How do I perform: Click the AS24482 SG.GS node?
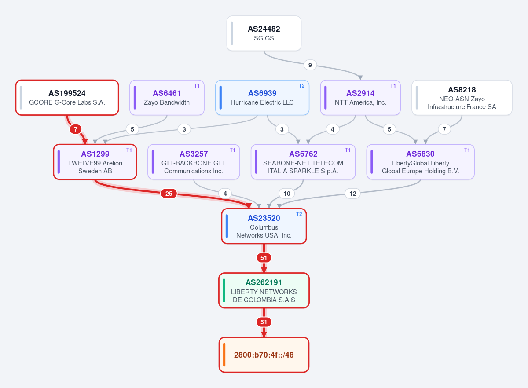[x=264, y=33]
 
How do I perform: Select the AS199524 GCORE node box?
[x=67, y=98]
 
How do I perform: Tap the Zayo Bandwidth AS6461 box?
[x=167, y=98]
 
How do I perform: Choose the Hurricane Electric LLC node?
[x=262, y=98]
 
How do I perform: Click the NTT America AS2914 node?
[x=360, y=98]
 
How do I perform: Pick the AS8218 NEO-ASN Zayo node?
[x=462, y=98]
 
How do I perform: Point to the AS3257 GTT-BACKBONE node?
[x=194, y=162]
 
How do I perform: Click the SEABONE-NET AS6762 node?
[x=303, y=162]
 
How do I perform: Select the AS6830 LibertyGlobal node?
[x=421, y=162]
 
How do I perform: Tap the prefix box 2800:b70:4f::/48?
[x=264, y=355]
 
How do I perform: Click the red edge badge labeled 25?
[x=169, y=194]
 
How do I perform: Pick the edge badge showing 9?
[x=310, y=65]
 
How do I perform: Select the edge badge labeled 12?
[x=352, y=194]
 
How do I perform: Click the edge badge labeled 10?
[x=286, y=194]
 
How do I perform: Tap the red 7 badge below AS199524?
[x=75, y=129]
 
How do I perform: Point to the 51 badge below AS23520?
[x=264, y=258]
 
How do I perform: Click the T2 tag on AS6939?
[x=302, y=86]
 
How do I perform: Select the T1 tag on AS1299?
[x=129, y=150]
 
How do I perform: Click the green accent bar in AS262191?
[x=224, y=290]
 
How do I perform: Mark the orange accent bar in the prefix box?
[x=224, y=355]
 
